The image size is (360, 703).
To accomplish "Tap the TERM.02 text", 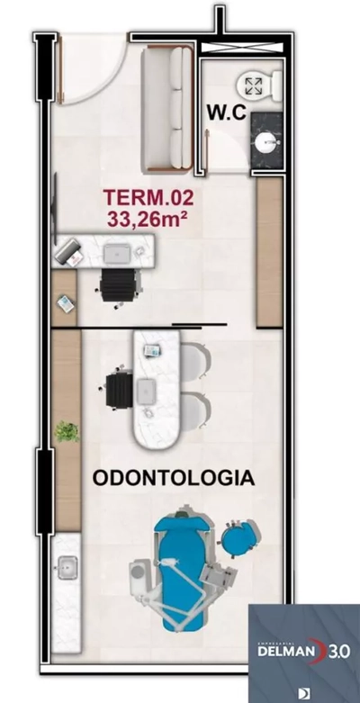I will (148, 196).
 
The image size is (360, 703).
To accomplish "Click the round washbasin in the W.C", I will (265, 141).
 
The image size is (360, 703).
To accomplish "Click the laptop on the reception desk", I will (115, 253).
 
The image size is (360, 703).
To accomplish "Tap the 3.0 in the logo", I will (340, 650).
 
